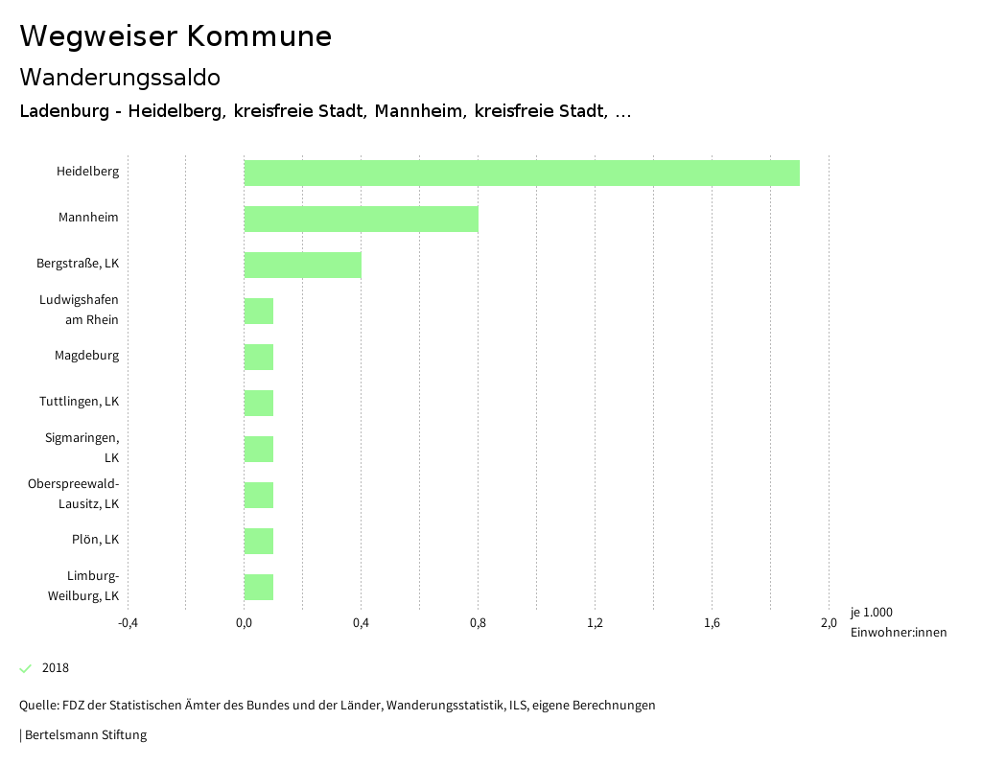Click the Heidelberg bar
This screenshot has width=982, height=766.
tap(522, 173)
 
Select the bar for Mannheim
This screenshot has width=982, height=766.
tap(361, 219)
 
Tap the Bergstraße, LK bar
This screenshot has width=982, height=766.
tap(302, 265)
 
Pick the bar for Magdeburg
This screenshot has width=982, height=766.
tap(259, 357)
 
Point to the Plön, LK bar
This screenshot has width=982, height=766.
tap(259, 541)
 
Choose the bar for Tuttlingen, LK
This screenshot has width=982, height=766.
tap(259, 403)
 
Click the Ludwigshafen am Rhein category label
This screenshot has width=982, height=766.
tap(80, 310)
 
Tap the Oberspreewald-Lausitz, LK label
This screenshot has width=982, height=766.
tap(74, 493)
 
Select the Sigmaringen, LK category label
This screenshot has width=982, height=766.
tap(82, 448)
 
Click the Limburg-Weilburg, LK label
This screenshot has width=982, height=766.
tap(83, 586)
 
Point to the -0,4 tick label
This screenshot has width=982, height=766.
tap(128, 623)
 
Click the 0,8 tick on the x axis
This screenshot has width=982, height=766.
tap(478, 623)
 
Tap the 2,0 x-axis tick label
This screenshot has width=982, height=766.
tap(829, 623)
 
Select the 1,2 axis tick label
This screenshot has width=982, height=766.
tap(595, 623)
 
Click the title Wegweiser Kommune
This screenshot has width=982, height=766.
tap(175, 36)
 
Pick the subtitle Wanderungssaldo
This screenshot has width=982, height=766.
tap(120, 77)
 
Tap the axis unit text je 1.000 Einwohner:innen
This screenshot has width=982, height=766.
tap(898, 622)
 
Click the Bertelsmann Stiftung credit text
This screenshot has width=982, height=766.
tap(85, 735)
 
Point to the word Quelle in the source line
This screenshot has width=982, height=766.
tap(38, 706)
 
